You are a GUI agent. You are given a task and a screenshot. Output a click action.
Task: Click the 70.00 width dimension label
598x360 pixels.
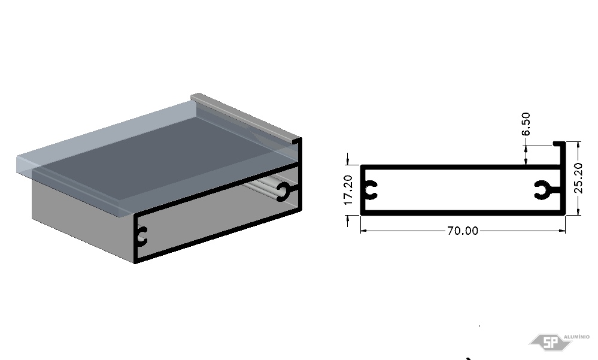[462, 231]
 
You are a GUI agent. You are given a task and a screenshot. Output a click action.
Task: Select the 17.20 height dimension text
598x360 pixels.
[348, 190]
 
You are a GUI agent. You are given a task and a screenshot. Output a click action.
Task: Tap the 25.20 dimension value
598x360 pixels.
[578, 178]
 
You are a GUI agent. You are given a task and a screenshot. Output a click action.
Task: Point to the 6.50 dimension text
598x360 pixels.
[526, 123]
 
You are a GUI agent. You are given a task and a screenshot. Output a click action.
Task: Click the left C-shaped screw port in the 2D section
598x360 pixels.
[371, 190]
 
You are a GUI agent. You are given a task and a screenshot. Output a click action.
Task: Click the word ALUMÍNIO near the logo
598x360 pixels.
[576, 337]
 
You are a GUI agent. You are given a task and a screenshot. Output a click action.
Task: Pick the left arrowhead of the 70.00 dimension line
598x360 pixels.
[364, 231]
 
